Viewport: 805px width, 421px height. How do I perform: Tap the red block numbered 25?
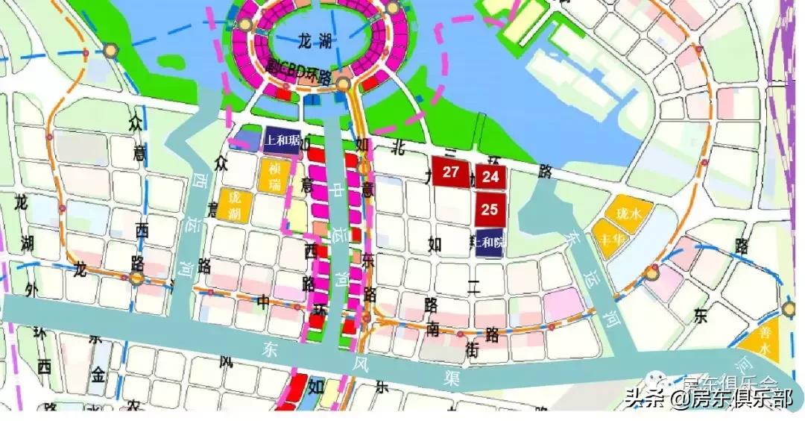pos(490,210)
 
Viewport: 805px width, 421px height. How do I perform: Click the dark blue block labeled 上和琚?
pos(282,140)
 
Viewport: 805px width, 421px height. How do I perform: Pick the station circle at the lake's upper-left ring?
pos(244,24)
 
